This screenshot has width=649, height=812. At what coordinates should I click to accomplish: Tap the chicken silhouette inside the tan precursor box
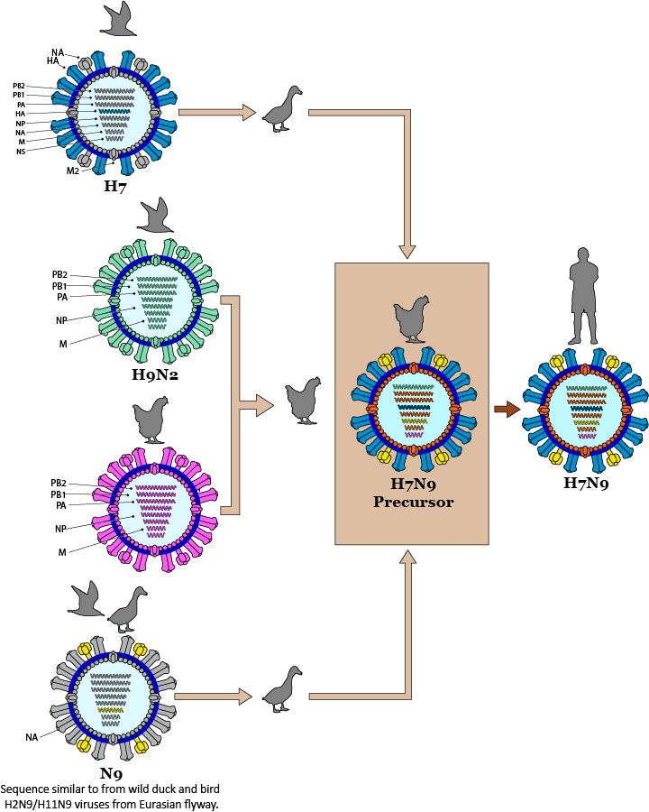pyautogui.click(x=411, y=319)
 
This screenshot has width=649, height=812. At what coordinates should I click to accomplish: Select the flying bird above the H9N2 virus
pyautogui.click(x=155, y=216)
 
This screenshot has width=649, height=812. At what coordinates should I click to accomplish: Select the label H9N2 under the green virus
pyautogui.click(x=154, y=374)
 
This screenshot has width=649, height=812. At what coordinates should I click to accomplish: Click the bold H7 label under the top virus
pyautogui.click(x=114, y=187)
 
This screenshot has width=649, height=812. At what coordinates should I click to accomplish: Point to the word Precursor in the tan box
pyautogui.click(x=412, y=502)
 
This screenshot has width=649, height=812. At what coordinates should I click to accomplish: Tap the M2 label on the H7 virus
pyautogui.click(x=73, y=171)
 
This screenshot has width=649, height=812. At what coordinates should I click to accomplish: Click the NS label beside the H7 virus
pyautogui.click(x=20, y=151)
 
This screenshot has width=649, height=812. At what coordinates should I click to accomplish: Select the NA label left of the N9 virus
pyautogui.click(x=32, y=737)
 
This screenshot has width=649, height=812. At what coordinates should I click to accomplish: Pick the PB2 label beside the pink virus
pyautogui.click(x=59, y=484)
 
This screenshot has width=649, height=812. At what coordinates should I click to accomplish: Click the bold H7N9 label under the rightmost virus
pyautogui.click(x=586, y=484)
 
